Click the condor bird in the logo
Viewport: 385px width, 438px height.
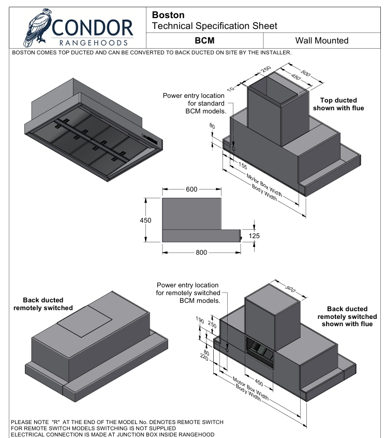point(37,27)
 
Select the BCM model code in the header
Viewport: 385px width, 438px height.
point(204,40)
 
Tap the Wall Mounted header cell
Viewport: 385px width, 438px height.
point(322,40)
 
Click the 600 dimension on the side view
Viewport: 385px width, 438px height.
point(191,189)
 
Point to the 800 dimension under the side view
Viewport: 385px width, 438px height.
point(201,253)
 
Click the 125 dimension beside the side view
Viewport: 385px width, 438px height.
point(254,236)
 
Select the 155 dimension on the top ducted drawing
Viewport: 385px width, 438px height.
point(243,166)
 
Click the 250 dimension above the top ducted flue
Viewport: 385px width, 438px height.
point(265,69)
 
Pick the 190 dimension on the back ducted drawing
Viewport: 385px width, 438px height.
point(200,320)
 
